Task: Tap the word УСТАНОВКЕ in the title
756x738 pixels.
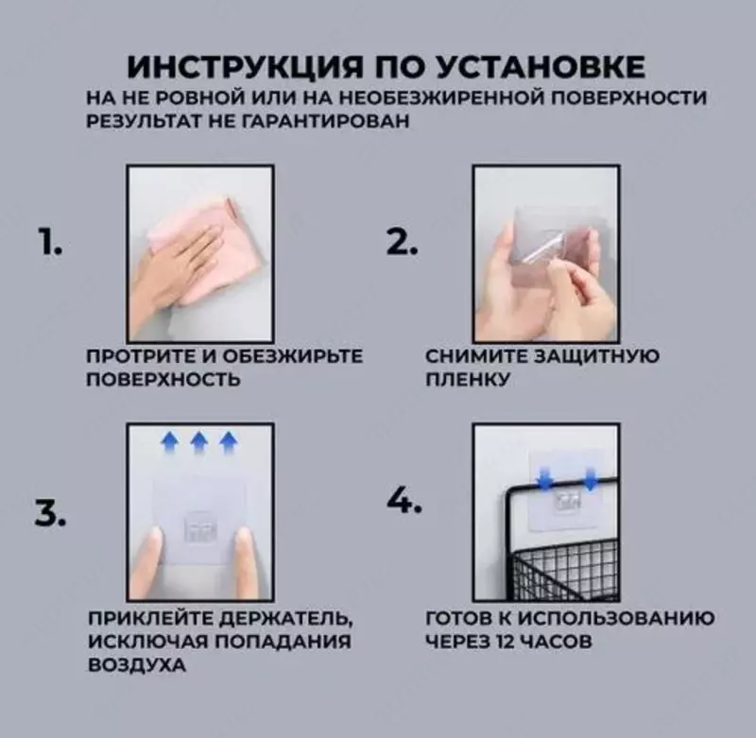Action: pyautogui.click(x=543, y=67)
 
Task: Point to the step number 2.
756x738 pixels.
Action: pyautogui.click(x=402, y=243)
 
